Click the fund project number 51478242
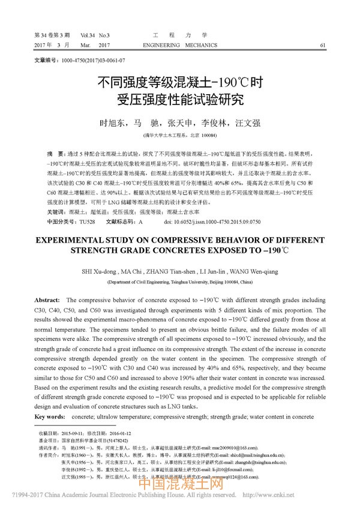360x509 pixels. pos(109,440)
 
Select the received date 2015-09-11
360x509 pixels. pos(71,433)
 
